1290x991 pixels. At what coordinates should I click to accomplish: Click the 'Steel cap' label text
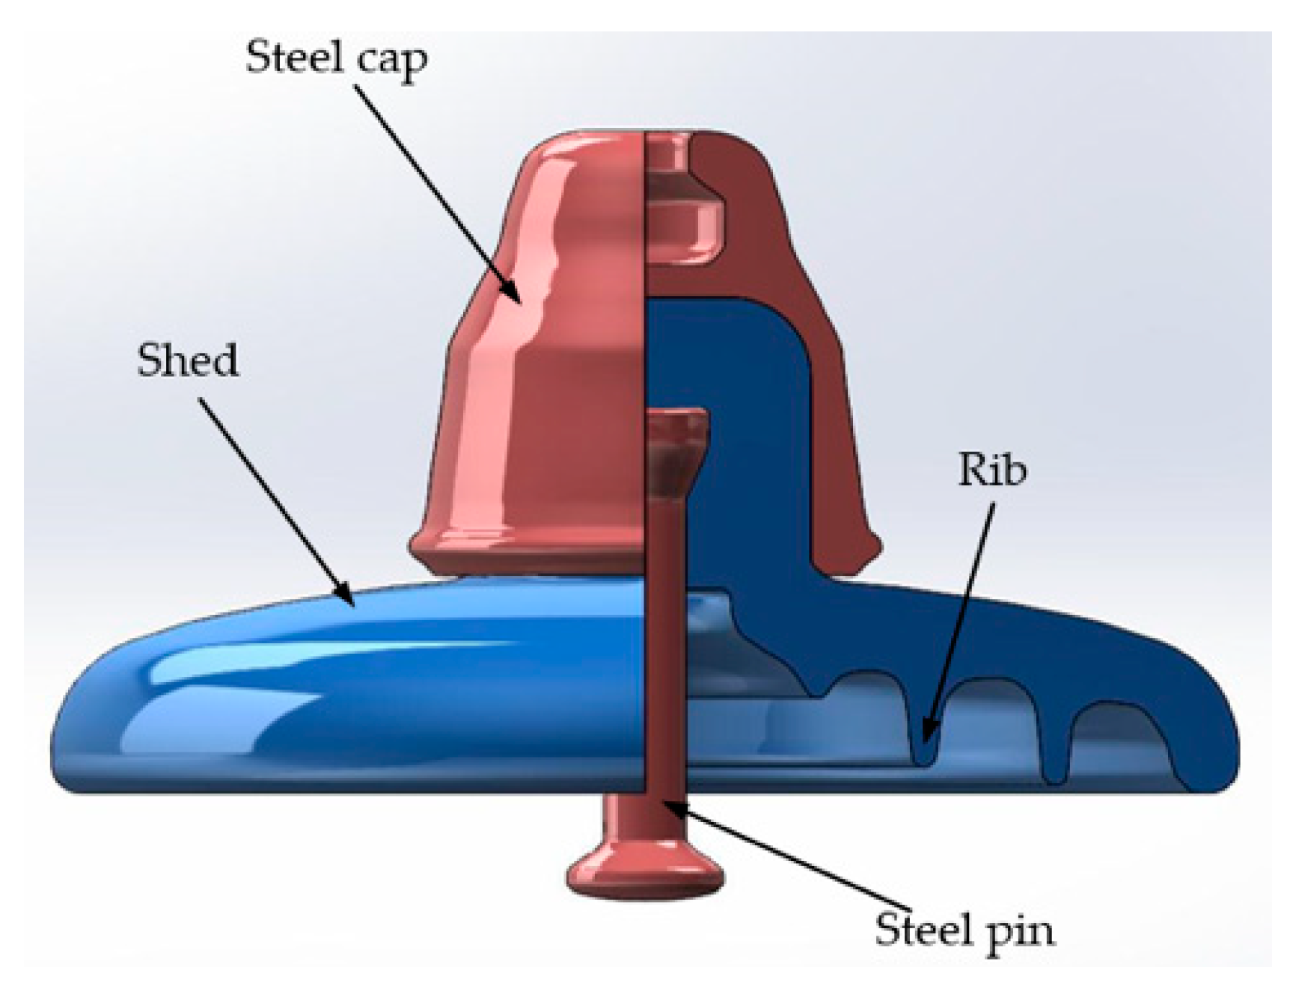(x=337, y=58)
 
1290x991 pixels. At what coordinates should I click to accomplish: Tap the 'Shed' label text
(x=188, y=360)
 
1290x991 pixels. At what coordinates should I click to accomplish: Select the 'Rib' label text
(x=992, y=470)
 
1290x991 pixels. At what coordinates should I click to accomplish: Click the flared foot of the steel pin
(x=645, y=871)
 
